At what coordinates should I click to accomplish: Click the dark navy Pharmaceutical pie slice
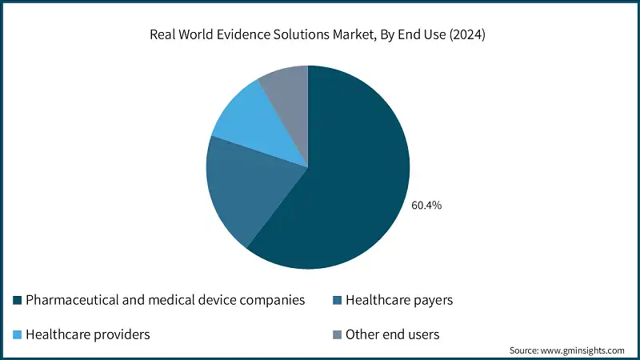click(x=352, y=184)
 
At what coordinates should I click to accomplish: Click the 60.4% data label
click(x=426, y=206)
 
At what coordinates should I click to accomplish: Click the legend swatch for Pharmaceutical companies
click(x=18, y=301)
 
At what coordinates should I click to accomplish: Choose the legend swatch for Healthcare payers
click(x=337, y=301)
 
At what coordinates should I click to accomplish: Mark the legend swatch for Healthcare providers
click(x=18, y=334)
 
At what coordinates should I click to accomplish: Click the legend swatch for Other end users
click(x=337, y=334)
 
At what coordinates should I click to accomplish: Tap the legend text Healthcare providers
click(x=88, y=334)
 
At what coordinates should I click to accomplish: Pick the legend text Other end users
click(x=393, y=334)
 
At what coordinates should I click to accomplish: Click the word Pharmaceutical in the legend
click(x=70, y=301)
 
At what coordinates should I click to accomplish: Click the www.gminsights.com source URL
click(x=585, y=350)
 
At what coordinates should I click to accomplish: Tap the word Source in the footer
click(x=525, y=350)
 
